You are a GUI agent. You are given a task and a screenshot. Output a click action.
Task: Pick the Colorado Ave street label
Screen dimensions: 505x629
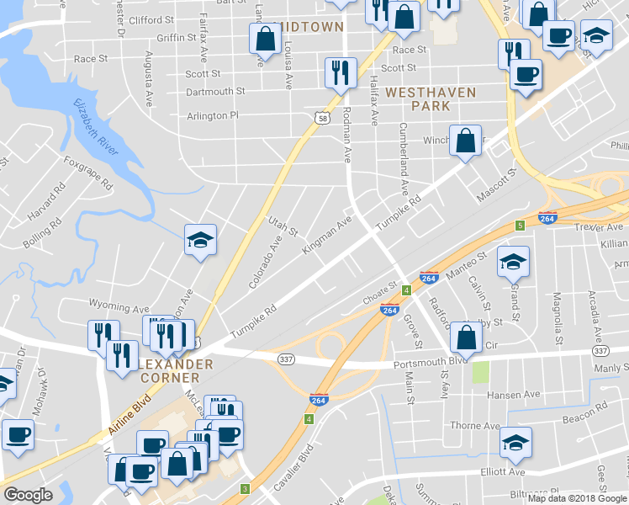click(x=265, y=263)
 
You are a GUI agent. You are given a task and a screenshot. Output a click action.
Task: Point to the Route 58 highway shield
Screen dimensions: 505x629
click(x=323, y=121)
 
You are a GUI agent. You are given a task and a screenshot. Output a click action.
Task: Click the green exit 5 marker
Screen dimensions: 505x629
click(x=521, y=226)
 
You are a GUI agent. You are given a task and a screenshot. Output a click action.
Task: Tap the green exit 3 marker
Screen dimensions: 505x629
click(x=246, y=489)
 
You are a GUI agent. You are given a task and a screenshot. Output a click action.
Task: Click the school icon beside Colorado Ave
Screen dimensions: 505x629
click(x=201, y=240)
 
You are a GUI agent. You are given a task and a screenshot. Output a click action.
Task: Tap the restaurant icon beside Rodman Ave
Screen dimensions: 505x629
click(x=341, y=72)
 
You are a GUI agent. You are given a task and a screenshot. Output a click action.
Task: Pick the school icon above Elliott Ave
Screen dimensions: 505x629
click(x=515, y=442)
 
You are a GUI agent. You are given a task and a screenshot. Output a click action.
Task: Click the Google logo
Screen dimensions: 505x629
click(x=28, y=496)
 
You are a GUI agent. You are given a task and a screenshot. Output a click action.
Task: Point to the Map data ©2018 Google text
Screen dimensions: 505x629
click(x=578, y=498)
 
